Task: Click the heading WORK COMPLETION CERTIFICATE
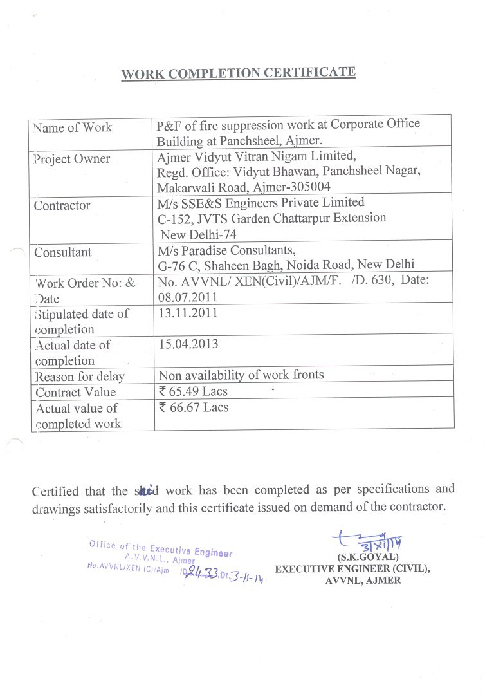click(x=239, y=73)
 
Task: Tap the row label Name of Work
click(x=72, y=127)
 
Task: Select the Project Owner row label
click(x=72, y=159)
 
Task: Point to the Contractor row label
click(x=62, y=206)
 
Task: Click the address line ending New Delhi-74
click(x=199, y=235)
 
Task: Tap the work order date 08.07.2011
click(x=188, y=297)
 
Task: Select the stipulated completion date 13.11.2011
click(x=188, y=313)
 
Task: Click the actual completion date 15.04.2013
click(x=188, y=344)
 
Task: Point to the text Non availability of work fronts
click(x=241, y=375)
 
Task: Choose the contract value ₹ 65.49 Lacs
click(x=193, y=391)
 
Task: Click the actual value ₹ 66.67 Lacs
click(x=193, y=407)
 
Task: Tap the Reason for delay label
click(x=80, y=377)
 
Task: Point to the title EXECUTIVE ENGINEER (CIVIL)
click(x=352, y=569)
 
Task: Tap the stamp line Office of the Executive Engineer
click(x=161, y=548)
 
